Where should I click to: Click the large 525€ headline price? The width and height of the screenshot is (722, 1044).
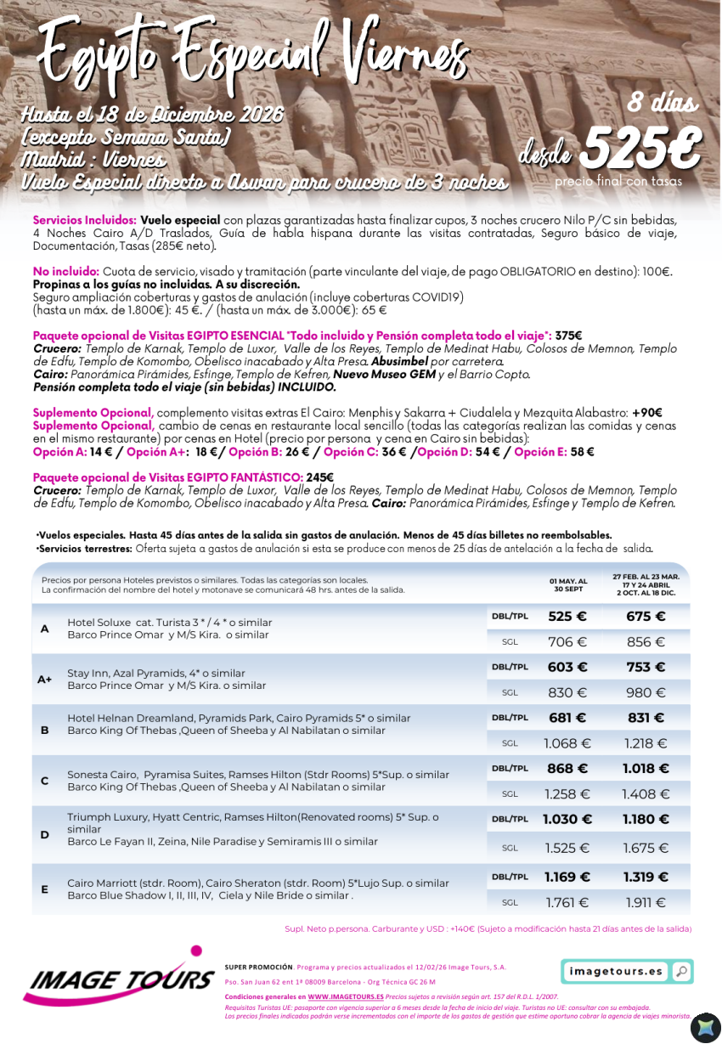[x=642, y=150]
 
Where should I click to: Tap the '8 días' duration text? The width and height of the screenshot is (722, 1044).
[x=663, y=104]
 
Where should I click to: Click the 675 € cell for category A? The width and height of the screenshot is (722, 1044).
[x=646, y=617]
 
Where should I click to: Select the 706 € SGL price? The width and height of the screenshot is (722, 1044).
[x=567, y=642]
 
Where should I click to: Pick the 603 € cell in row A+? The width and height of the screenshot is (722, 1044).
[x=567, y=668]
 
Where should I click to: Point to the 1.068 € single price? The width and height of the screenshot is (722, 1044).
[x=567, y=743]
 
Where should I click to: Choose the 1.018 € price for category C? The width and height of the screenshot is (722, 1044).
[x=646, y=769]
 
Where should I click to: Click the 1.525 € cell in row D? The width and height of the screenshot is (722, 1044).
[x=567, y=848]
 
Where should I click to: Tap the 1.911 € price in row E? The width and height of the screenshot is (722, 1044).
[x=646, y=903]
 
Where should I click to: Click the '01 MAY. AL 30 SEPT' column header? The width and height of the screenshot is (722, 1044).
[x=570, y=585]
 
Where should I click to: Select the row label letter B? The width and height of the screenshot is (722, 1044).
[x=45, y=730]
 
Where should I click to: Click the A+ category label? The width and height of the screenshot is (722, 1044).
[x=45, y=680]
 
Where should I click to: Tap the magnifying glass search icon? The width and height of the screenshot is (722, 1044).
[x=680, y=971]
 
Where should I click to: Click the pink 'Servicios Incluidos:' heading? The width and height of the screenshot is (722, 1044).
[x=84, y=220]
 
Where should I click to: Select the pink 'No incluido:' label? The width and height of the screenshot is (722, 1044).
[x=65, y=272]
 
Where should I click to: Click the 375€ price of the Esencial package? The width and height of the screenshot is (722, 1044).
[x=567, y=336]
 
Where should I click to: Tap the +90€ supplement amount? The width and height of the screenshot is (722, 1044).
[x=646, y=413]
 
